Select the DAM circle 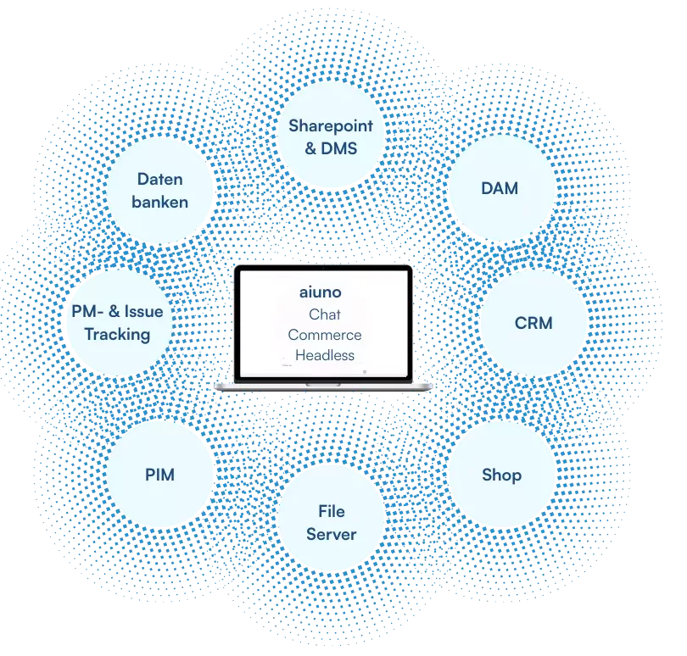[x=500, y=188]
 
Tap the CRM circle [x=533, y=323]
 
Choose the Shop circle [x=501, y=475]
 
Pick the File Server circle [x=331, y=522]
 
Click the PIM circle [x=159, y=475]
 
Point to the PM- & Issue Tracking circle [x=118, y=323]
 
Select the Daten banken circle [x=159, y=191]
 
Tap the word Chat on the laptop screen [x=325, y=314]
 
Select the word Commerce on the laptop [x=325, y=335]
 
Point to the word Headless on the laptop [x=325, y=355]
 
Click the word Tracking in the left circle [x=117, y=334]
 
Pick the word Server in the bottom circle [x=331, y=534]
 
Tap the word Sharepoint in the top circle [x=331, y=126]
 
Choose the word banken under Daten [x=159, y=202]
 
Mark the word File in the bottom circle [x=331, y=511]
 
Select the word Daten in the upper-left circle [x=159, y=180]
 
